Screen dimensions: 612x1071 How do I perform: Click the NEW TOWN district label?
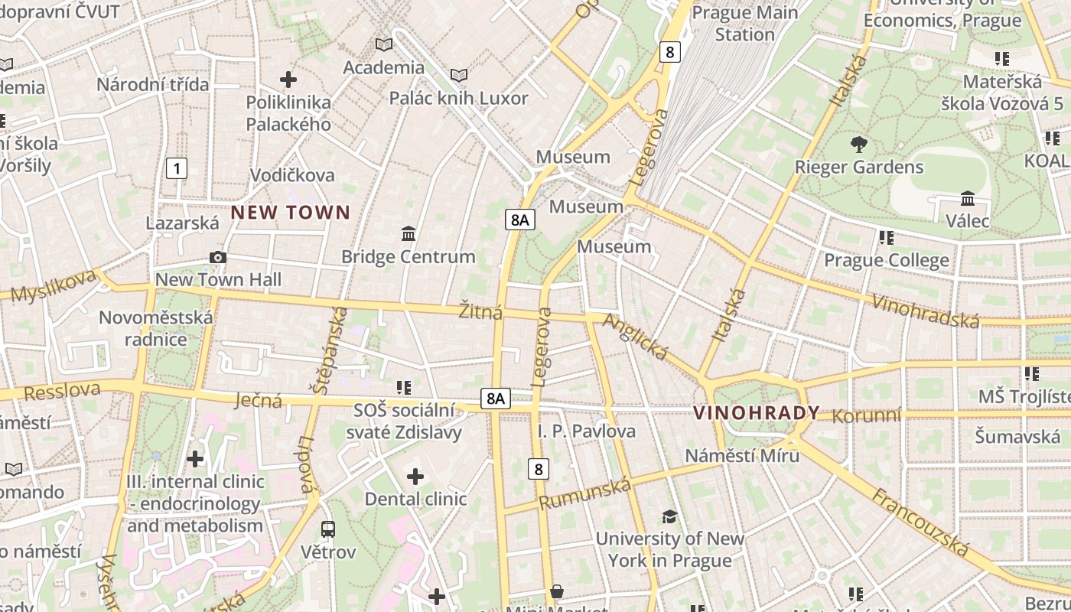tap(291, 213)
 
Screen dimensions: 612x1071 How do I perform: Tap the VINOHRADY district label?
tap(756, 413)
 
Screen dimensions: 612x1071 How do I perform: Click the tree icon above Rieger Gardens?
tap(859, 144)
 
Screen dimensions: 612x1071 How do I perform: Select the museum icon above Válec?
tap(968, 199)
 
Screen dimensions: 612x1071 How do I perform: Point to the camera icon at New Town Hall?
tap(218, 258)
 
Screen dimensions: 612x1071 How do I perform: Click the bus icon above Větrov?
tap(328, 529)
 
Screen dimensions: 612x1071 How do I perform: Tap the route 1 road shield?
tap(177, 168)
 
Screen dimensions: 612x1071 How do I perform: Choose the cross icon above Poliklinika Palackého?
tap(288, 80)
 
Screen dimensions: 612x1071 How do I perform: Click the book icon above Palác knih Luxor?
tap(459, 75)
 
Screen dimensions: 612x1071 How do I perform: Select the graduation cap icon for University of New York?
tap(669, 516)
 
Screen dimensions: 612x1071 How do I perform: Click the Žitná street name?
tap(480, 312)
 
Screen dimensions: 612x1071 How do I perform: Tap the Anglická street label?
tap(636, 337)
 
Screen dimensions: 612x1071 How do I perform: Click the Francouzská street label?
tap(921, 523)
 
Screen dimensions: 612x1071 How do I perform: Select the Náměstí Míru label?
tap(742, 456)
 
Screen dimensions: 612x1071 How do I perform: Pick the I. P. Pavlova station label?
tap(586, 431)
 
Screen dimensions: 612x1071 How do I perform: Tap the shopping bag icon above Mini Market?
tap(557, 591)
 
